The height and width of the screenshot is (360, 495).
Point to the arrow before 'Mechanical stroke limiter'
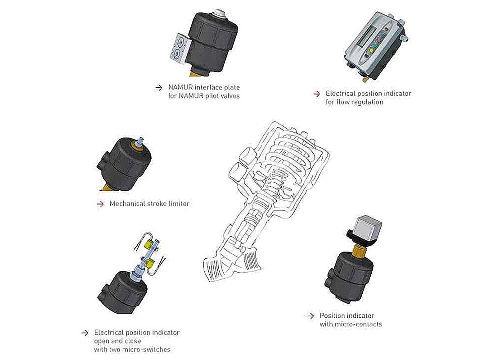(100, 204)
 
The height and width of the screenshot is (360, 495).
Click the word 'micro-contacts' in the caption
(359, 324)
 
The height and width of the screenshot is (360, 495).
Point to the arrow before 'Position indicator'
(310, 316)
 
